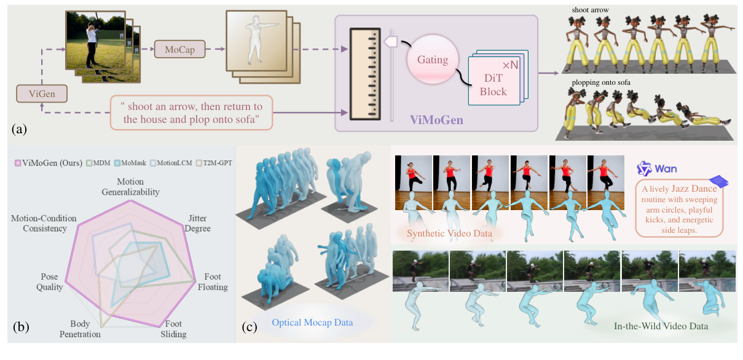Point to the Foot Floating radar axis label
213,283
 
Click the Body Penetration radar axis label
80,329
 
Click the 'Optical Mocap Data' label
312,321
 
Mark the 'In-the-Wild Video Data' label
661,326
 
